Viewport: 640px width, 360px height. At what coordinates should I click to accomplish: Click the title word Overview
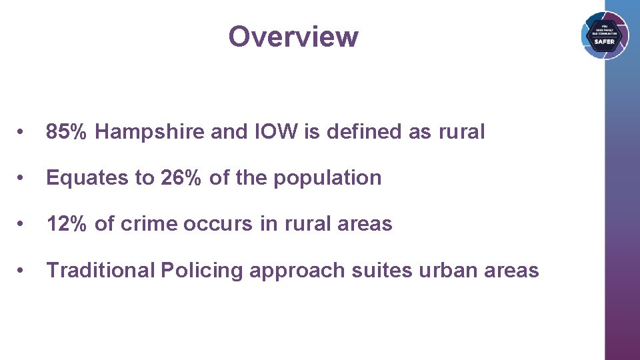(293, 37)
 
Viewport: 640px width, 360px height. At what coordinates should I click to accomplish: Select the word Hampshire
(150, 132)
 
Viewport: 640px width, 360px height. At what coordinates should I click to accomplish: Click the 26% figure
(182, 178)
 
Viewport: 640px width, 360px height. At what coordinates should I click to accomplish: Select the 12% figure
(67, 224)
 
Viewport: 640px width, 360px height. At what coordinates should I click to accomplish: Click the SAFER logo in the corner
(604, 36)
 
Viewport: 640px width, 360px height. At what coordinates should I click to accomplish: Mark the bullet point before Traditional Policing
(23, 271)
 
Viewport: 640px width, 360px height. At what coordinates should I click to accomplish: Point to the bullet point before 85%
(23, 133)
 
